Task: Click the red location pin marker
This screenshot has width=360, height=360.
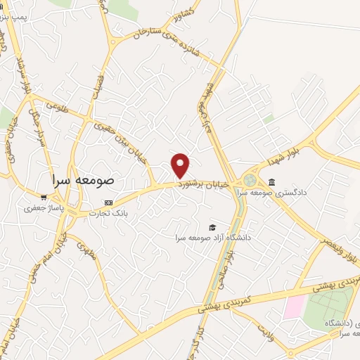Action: [x=181, y=165]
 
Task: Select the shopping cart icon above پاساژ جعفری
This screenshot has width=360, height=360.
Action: [x=44, y=198]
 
